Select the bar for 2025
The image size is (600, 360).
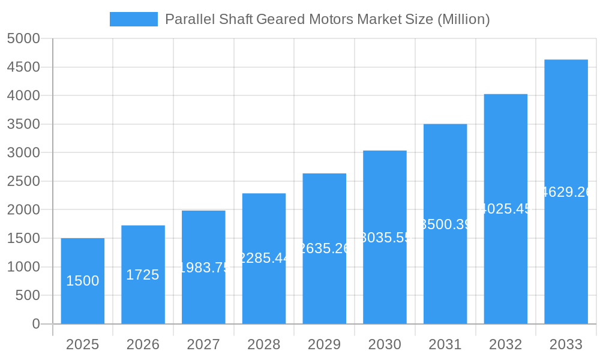point(83,300)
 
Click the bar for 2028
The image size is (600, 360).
point(264,288)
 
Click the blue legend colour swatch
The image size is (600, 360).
point(133,19)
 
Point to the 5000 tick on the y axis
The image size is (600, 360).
point(23,39)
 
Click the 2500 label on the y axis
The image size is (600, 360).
point(23,181)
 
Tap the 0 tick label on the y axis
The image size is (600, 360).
point(35,324)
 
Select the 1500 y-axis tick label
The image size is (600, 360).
point(23,238)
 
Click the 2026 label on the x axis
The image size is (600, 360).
point(143,344)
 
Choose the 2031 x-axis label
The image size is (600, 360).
point(445,344)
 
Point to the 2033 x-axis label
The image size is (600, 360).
point(566,344)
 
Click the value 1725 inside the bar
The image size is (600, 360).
point(143,275)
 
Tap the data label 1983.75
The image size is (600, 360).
point(204,268)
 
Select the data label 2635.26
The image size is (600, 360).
point(325,248)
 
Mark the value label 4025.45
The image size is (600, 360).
point(506,209)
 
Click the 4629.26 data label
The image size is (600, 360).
point(566,192)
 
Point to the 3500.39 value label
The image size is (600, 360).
point(445,224)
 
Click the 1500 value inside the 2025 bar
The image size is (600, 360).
point(83,281)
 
